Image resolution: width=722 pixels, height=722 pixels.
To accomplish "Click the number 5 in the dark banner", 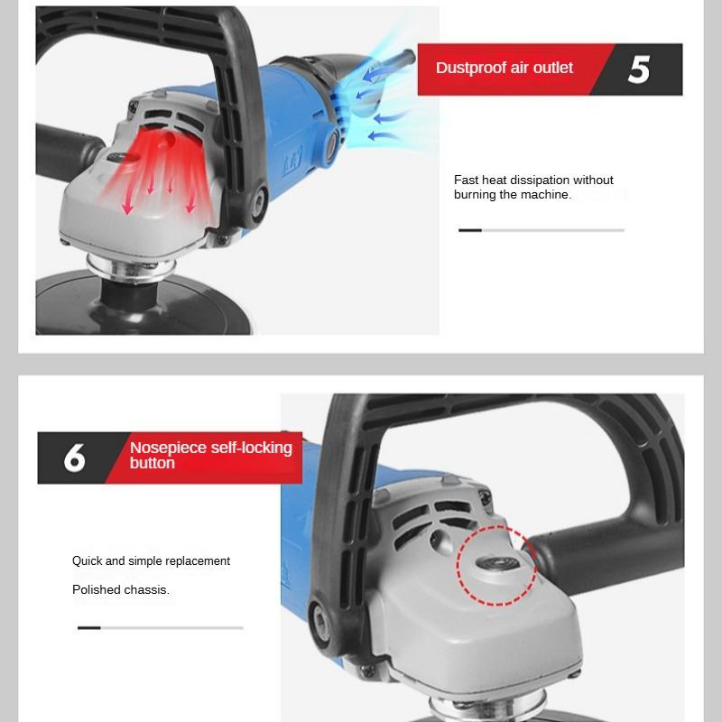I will (x=639, y=69).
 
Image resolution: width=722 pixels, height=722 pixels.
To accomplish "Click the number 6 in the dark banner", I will (x=75, y=458).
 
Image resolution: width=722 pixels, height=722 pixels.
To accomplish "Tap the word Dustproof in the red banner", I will (x=472, y=68).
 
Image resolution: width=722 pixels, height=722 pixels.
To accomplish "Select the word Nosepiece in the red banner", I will (x=167, y=448).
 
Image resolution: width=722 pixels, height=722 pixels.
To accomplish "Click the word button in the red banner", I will (x=153, y=463).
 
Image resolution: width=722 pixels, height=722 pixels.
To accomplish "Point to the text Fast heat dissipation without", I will (x=533, y=180).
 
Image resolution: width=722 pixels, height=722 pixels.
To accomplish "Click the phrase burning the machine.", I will (x=512, y=195).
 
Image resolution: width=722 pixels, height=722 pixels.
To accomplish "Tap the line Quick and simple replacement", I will (x=151, y=560).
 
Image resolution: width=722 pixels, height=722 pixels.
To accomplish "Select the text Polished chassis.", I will (x=121, y=589).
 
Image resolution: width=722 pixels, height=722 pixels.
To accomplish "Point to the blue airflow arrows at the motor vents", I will (x=379, y=99).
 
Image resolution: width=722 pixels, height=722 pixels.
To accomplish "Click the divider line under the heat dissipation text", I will (x=541, y=230).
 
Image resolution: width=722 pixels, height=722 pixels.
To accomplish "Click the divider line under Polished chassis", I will (x=160, y=627).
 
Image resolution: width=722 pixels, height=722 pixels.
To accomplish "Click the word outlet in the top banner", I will (x=551, y=68).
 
